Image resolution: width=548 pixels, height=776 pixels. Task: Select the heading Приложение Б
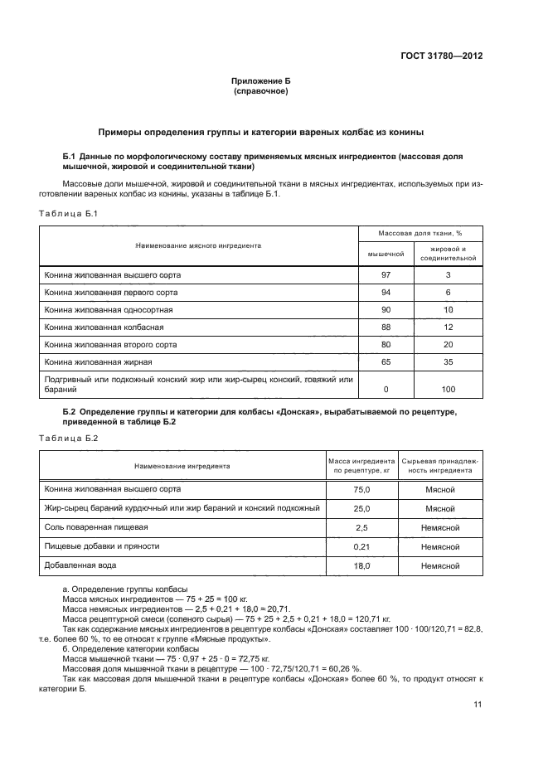click(x=261, y=81)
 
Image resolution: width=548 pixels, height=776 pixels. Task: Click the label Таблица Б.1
click(x=69, y=214)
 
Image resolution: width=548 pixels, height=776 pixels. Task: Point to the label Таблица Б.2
click(x=69, y=438)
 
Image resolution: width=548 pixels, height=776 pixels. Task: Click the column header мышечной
click(x=386, y=254)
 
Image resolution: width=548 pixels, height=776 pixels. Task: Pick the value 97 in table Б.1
click(x=386, y=274)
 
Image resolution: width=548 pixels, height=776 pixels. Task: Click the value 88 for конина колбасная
click(x=386, y=327)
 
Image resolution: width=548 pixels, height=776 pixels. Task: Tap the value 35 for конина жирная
click(x=449, y=362)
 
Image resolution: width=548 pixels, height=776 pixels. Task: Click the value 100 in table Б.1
click(x=449, y=389)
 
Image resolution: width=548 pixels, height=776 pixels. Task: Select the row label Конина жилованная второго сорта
click(x=109, y=344)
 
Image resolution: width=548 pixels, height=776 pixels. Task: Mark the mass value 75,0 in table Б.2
click(x=361, y=490)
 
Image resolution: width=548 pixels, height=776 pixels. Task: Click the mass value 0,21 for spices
click(x=361, y=547)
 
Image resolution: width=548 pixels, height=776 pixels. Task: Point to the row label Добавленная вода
click(x=80, y=565)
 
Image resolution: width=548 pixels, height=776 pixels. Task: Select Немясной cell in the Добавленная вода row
click(x=440, y=566)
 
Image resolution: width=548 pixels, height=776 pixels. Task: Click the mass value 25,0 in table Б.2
click(x=361, y=509)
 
